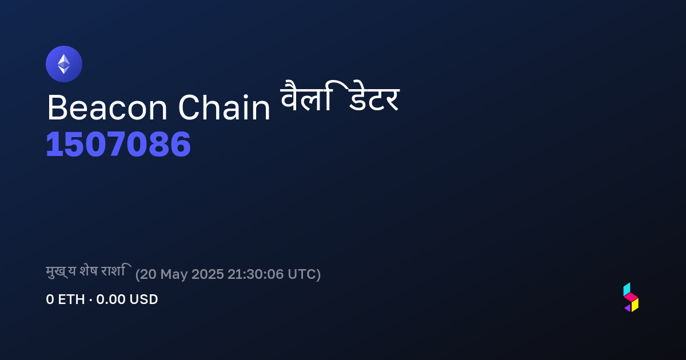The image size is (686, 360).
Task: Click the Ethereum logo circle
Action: click(64, 64)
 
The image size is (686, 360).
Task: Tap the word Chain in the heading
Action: click(224, 107)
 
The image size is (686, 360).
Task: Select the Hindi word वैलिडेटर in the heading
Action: click(340, 96)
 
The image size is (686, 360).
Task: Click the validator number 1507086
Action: click(118, 144)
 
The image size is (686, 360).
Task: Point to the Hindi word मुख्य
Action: click(61, 271)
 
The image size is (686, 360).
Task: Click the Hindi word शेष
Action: click(89, 271)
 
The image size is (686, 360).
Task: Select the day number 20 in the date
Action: click(148, 274)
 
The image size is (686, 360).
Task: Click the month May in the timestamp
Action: click(174, 275)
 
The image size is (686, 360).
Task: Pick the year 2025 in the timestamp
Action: click(208, 274)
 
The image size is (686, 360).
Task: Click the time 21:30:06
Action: click(256, 274)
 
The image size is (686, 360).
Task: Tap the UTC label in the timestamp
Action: click(301, 274)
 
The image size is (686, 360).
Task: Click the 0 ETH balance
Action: click(65, 299)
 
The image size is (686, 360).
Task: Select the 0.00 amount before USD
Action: click(110, 299)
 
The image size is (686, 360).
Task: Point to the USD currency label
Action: click(143, 299)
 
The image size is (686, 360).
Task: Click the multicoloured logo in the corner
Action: click(631, 297)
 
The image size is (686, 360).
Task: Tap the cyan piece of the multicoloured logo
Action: click(627, 289)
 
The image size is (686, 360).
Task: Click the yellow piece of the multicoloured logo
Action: click(635, 305)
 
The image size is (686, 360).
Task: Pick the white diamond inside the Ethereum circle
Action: click(64, 64)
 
